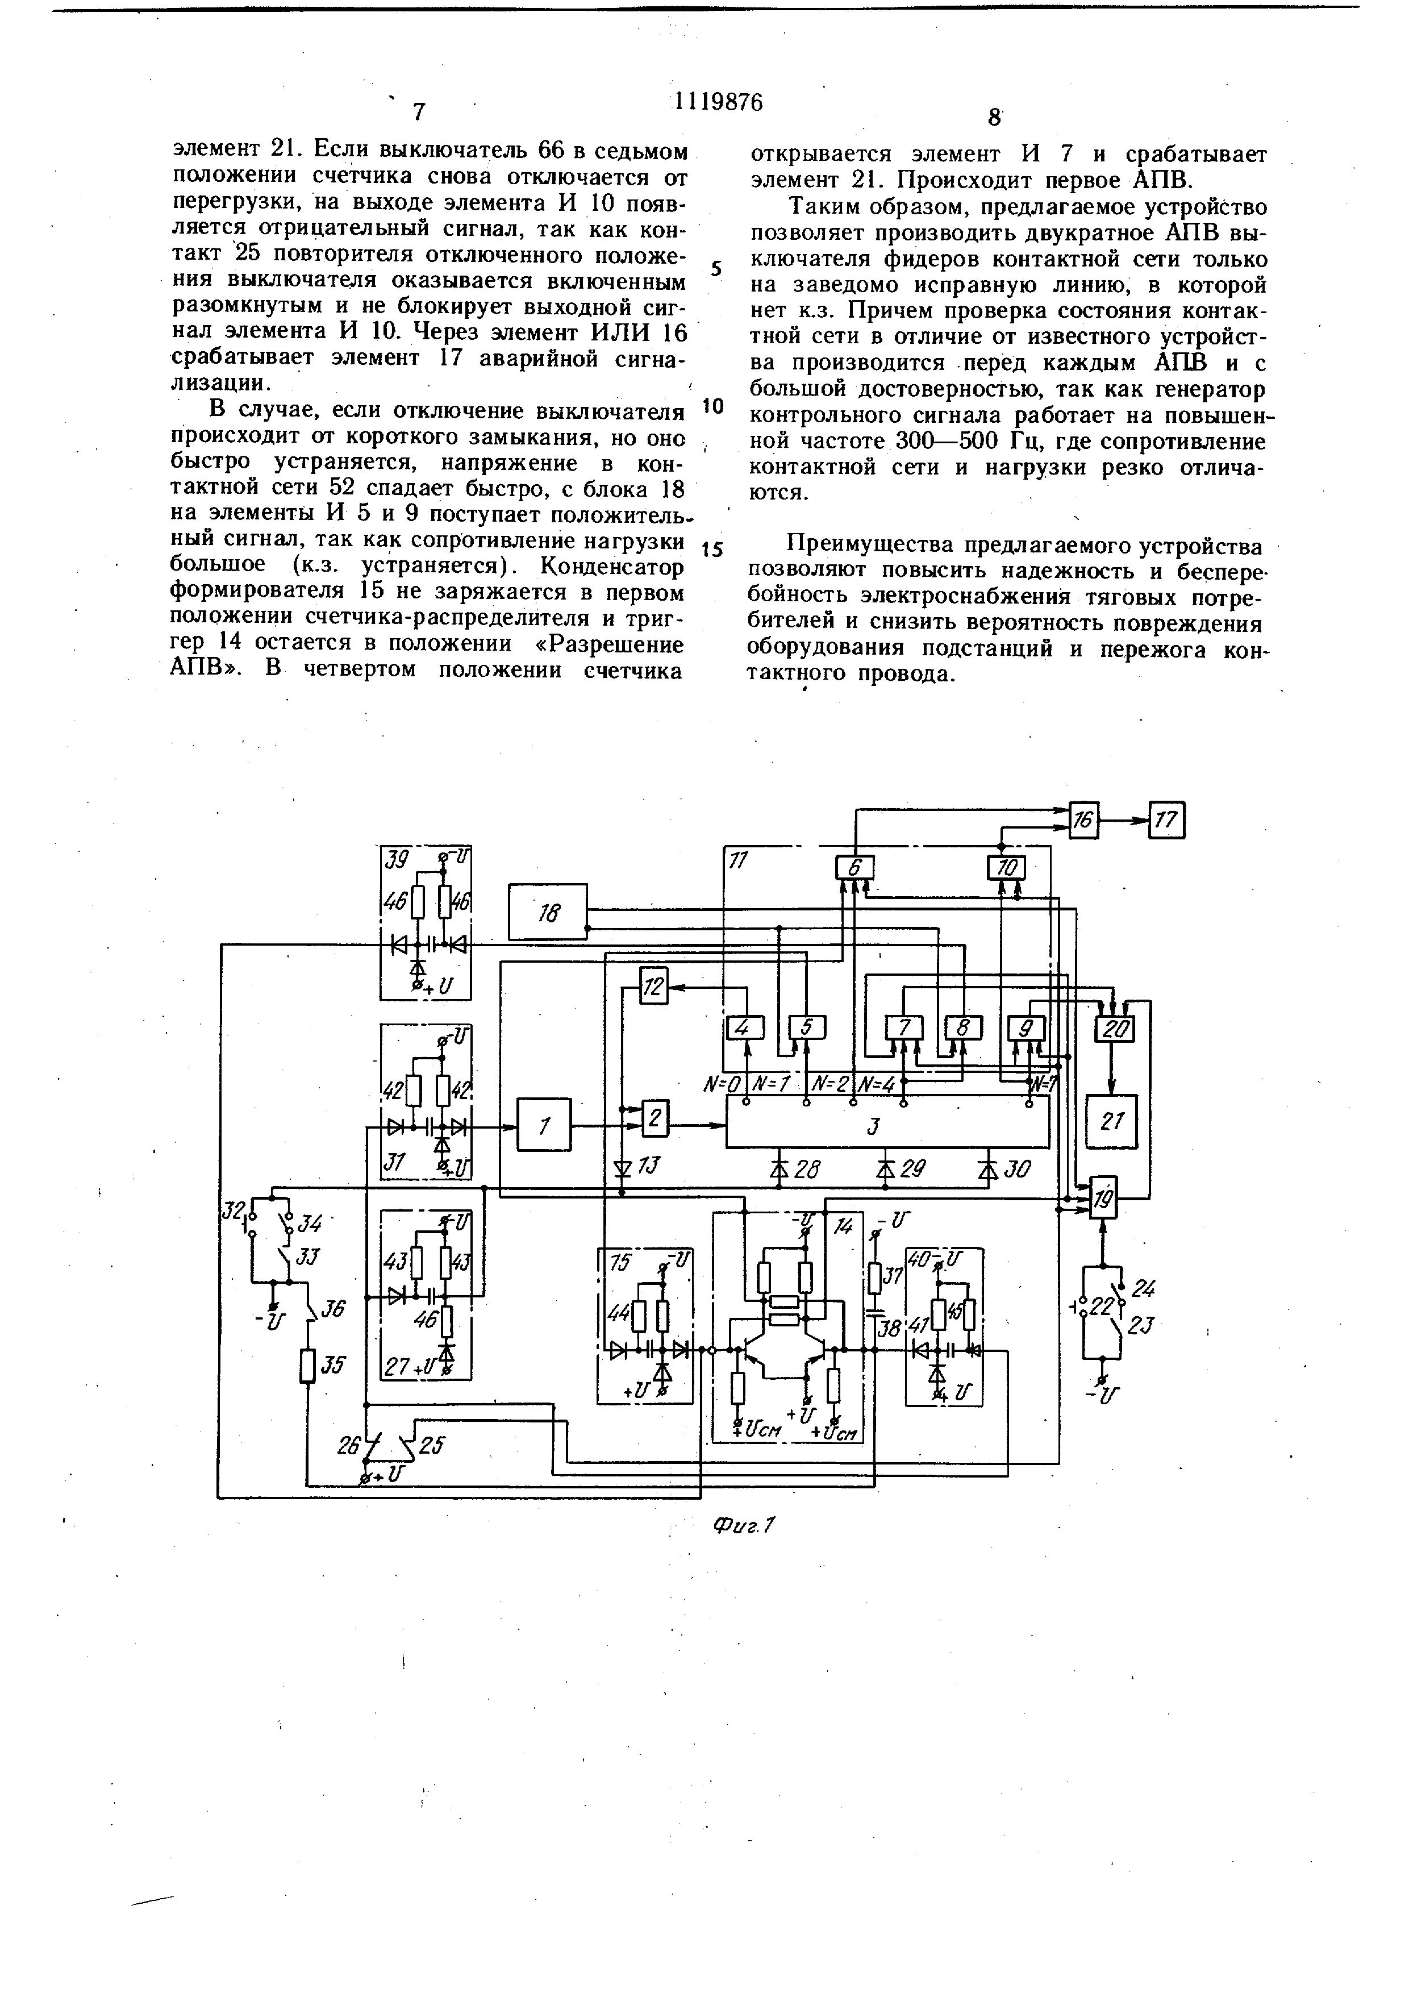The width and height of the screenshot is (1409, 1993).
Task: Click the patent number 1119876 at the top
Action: (718, 102)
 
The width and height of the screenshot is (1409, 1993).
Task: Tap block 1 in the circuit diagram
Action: (544, 1125)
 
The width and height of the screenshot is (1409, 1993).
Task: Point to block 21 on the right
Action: (1111, 1121)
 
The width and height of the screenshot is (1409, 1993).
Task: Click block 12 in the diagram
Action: (654, 987)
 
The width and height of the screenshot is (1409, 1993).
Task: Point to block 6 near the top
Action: (854, 868)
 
